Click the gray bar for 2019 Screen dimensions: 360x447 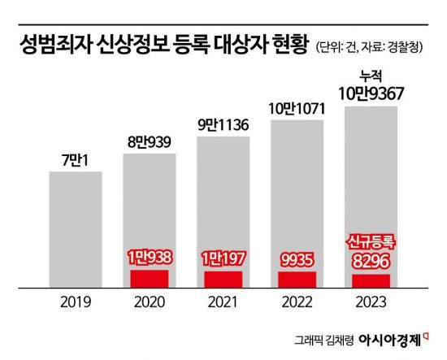point(76,232)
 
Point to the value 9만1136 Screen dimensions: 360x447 point(223,125)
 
